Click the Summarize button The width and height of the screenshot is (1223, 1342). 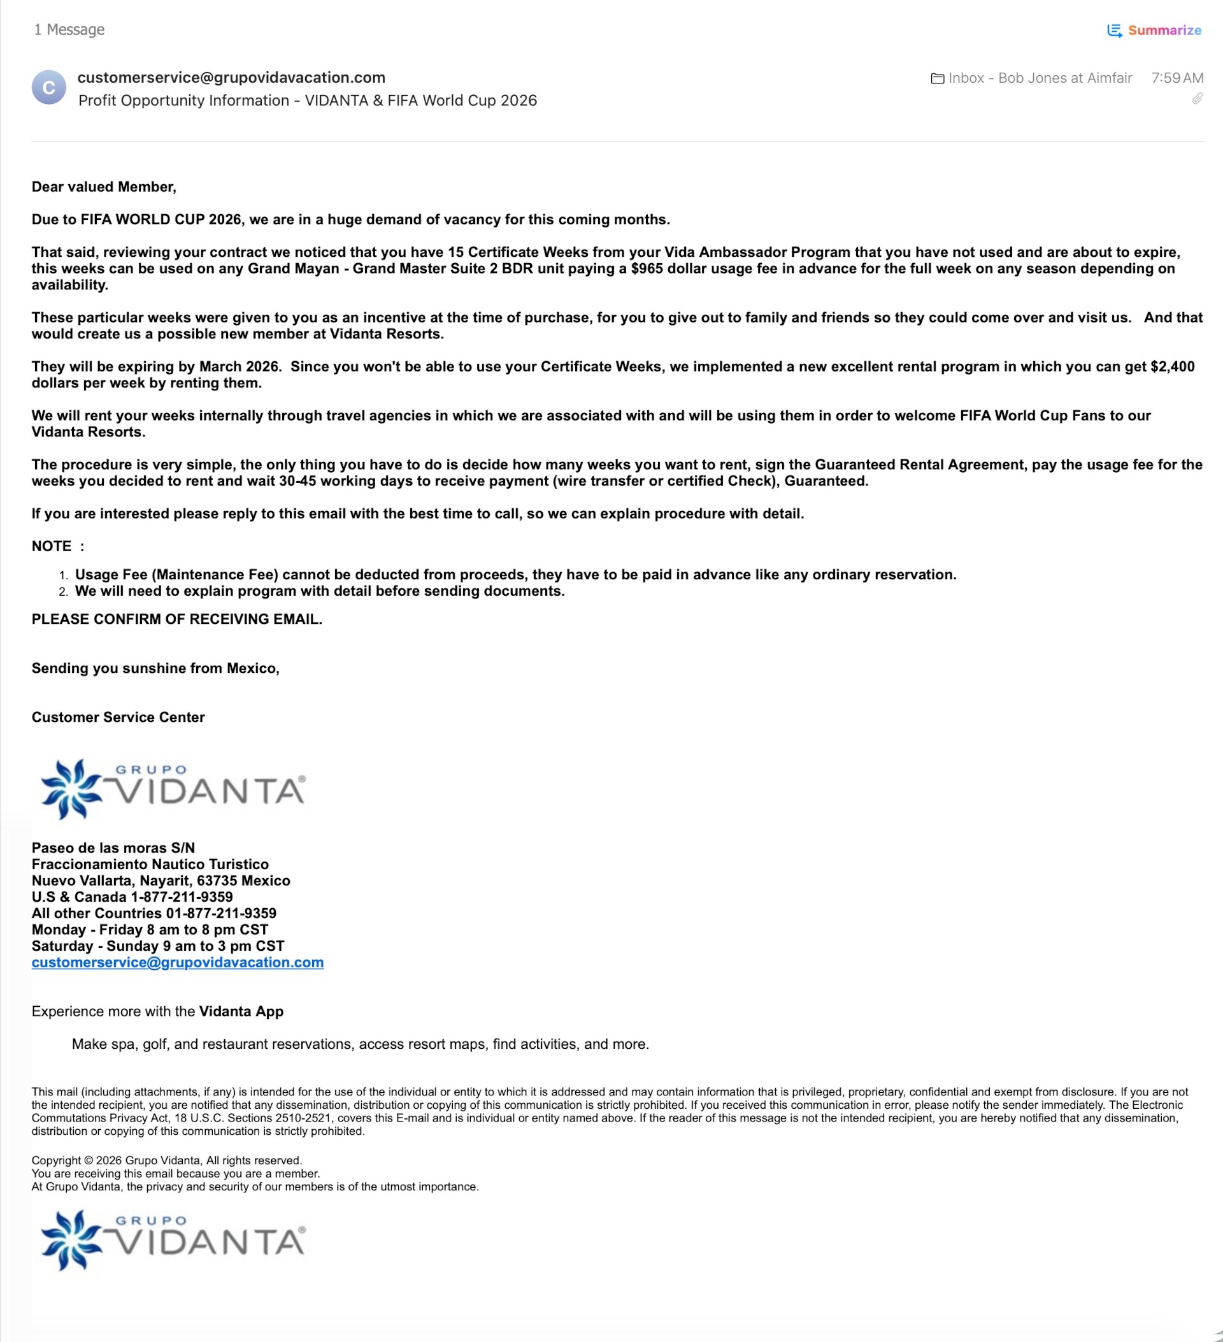(1154, 31)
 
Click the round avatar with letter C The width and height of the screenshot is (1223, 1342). (48, 88)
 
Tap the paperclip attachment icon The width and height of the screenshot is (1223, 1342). (1197, 99)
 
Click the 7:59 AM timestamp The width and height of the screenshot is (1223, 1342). (1177, 78)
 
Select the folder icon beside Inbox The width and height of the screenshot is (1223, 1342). (937, 78)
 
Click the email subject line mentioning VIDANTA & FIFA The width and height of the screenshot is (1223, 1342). (308, 101)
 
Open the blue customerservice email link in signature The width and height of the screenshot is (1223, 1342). (178, 962)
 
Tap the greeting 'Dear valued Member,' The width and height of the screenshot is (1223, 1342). (104, 187)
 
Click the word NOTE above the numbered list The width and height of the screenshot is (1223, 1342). (51, 547)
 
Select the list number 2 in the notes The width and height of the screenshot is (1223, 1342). (63, 592)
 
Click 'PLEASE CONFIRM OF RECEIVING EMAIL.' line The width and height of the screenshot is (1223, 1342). (177, 619)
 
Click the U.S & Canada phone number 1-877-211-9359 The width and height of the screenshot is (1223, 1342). (182, 897)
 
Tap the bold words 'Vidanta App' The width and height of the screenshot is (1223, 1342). (241, 1011)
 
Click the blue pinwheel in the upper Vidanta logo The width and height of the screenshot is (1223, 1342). (71, 789)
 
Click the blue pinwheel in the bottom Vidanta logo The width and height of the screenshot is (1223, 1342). (71, 1239)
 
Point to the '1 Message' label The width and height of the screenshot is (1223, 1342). (69, 30)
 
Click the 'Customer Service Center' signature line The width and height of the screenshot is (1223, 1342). (118, 717)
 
